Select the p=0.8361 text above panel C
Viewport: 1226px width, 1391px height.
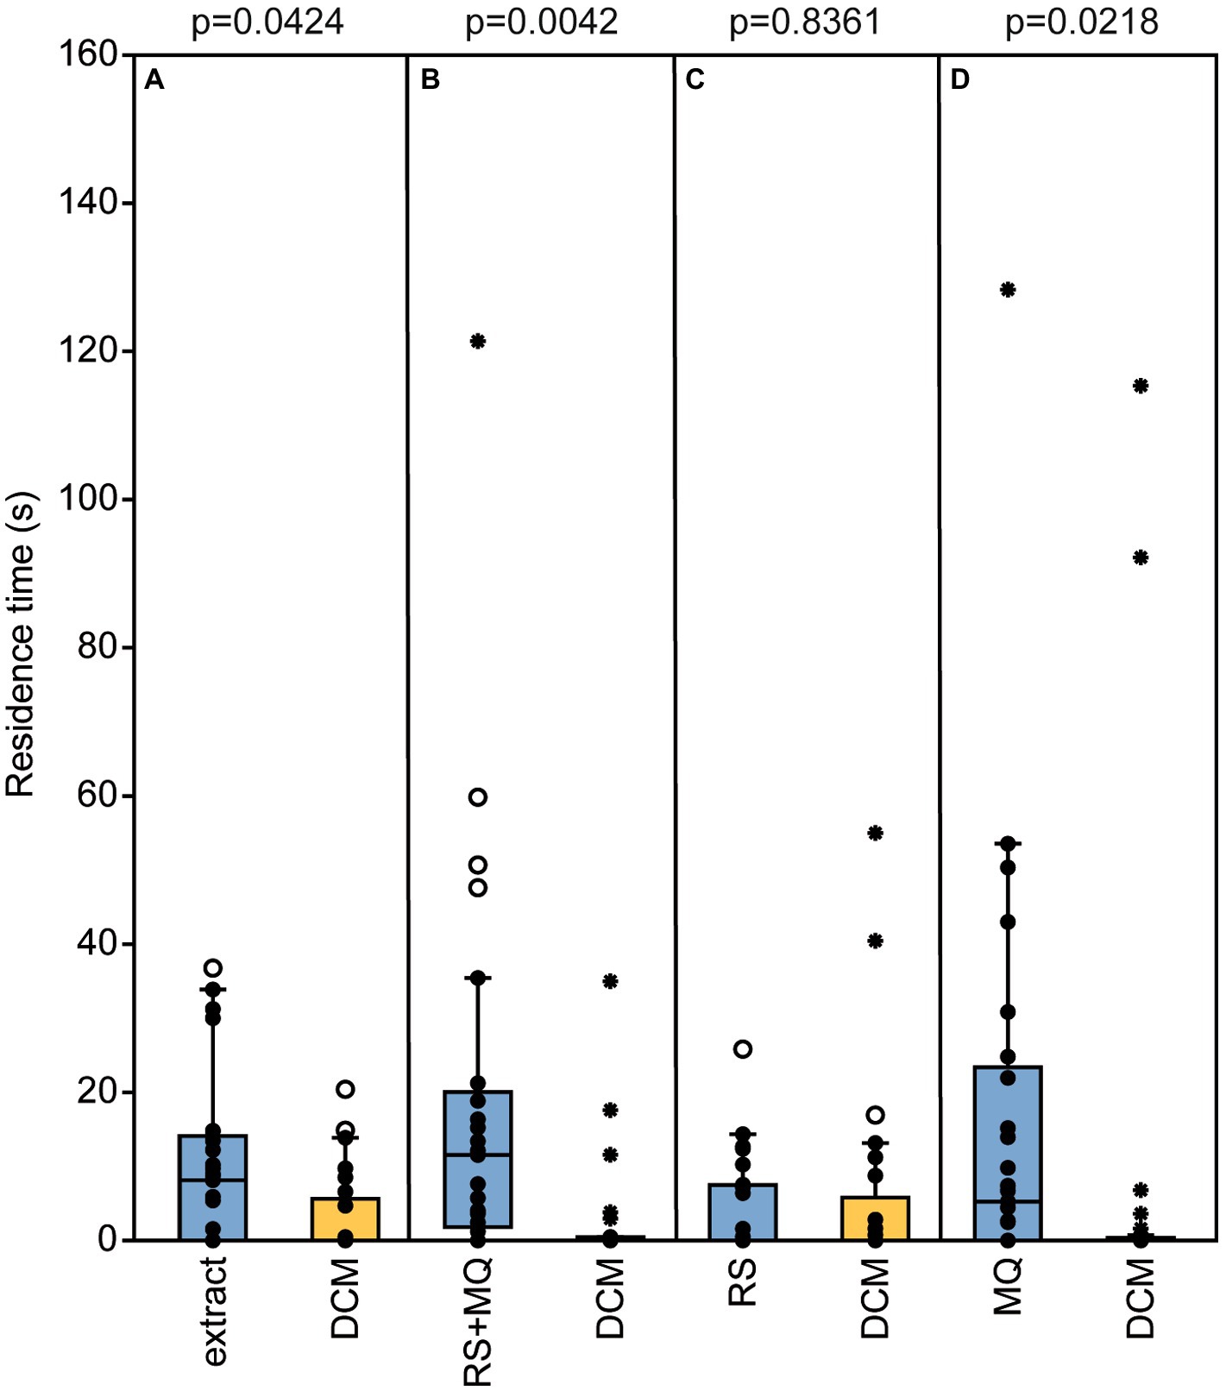[805, 22]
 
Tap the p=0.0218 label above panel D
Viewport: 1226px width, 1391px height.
[1081, 22]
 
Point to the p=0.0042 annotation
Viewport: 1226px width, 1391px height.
[541, 22]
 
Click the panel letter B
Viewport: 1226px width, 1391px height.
[430, 80]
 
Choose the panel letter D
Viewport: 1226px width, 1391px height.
[959, 80]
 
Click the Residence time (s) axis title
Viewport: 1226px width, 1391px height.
[21, 645]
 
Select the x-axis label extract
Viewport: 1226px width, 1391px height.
[213, 1311]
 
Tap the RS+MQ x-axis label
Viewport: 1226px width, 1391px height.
[478, 1321]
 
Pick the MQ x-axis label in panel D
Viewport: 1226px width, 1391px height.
[1008, 1286]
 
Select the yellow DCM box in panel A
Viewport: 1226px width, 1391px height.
[345, 1218]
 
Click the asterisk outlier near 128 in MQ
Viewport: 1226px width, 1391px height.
[1008, 290]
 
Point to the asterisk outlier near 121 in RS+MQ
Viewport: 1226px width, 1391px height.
[478, 342]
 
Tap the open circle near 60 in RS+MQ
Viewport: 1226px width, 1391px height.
[478, 797]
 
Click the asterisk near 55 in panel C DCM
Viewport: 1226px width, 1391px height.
[875, 834]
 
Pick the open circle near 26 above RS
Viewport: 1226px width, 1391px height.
[743, 1049]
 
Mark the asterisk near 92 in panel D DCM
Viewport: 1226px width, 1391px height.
[1141, 558]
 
